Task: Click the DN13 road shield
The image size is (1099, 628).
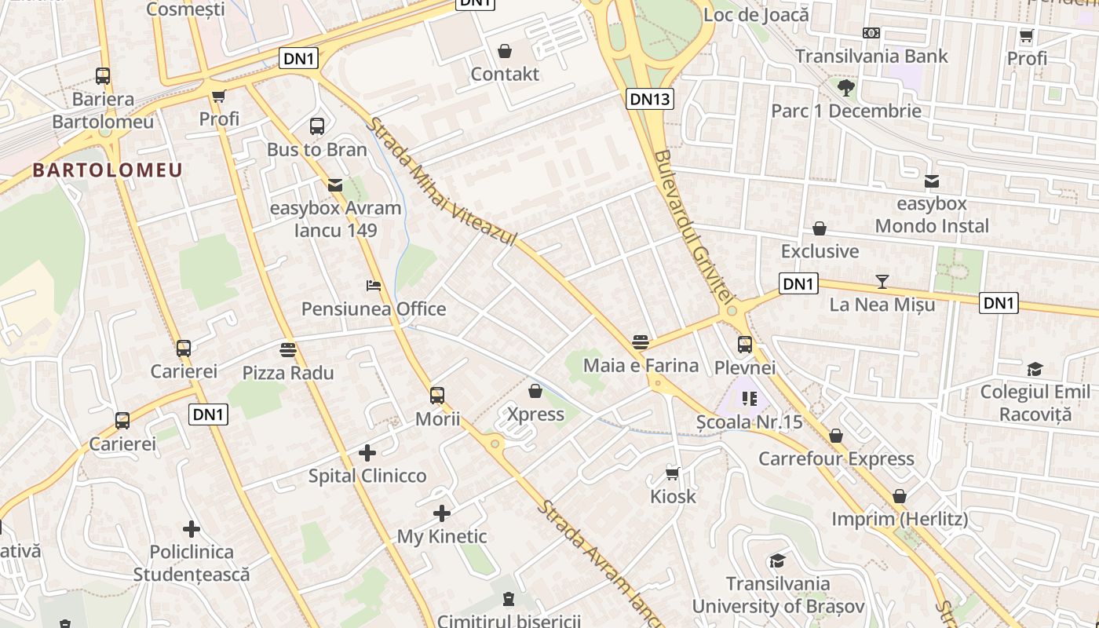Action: click(650, 98)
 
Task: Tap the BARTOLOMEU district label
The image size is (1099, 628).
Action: click(108, 170)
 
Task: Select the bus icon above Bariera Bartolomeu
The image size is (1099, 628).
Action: click(103, 76)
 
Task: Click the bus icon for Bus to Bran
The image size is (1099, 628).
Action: click(317, 126)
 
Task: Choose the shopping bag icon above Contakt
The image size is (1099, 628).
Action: click(505, 51)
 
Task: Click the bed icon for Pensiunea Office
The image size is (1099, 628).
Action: click(374, 286)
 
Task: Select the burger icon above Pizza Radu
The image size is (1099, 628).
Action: click(288, 349)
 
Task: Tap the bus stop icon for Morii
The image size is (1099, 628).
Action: click(437, 396)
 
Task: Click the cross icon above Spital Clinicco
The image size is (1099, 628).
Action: click(367, 453)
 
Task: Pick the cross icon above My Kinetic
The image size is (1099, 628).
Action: click(442, 513)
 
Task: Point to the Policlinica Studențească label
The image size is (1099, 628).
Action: click(192, 563)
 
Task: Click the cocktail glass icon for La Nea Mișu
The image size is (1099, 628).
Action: click(882, 281)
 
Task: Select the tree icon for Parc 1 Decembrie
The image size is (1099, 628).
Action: click(845, 87)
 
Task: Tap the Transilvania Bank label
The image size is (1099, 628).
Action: click(871, 57)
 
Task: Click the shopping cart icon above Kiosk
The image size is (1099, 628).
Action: click(673, 473)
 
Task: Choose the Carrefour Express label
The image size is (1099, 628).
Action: click(836, 458)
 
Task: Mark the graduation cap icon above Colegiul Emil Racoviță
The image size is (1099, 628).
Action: click(1035, 369)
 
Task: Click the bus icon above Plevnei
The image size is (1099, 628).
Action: click(745, 344)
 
